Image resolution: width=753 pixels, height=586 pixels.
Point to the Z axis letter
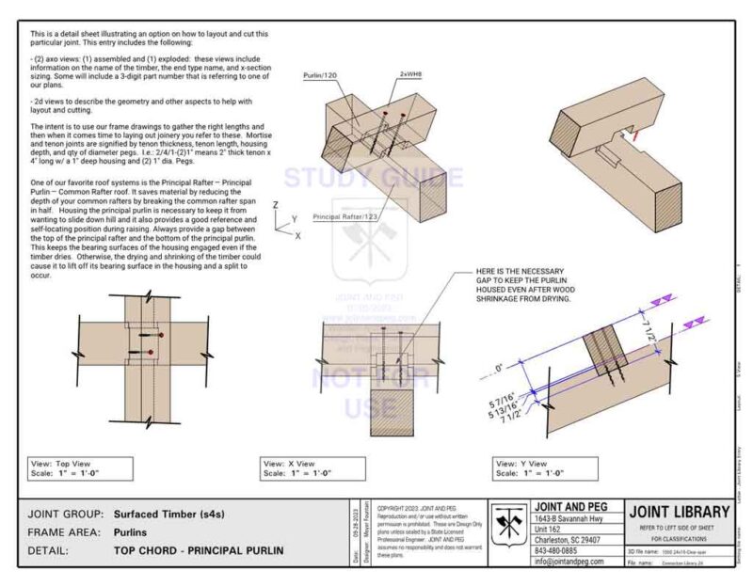tap(275, 204)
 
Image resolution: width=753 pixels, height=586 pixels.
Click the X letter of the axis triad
tap(297, 235)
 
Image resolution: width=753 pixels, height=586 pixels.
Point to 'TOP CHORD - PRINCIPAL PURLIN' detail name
tap(198, 549)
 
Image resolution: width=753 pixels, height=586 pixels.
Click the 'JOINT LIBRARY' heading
tap(679, 512)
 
